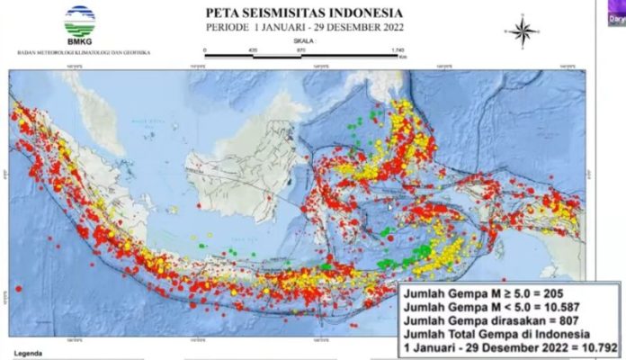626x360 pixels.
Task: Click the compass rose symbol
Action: pyautogui.click(x=521, y=31)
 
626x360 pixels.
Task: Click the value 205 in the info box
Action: pyautogui.click(x=564, y=293)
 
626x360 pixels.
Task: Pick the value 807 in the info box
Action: pyautogui.click(x=582, y=322)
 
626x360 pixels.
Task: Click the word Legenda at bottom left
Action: pyautogui.click(x=28, y=355)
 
